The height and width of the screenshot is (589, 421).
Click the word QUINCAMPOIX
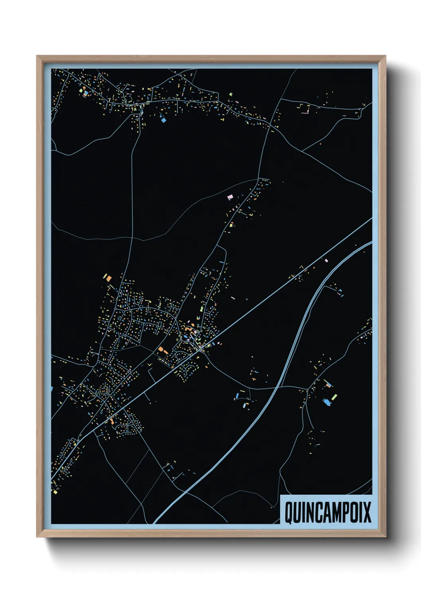(x=327, y=512)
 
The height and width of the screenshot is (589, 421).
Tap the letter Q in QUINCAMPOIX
(x=289, y=513)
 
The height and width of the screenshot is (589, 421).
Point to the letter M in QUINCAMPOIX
(x=331, y=512)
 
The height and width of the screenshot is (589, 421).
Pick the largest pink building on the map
(x=230, y=197)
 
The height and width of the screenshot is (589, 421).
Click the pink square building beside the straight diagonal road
(x=326, y=261)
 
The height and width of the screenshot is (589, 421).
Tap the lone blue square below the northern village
(x=163, y=119)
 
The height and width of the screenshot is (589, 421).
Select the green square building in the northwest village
(x=81, y=91)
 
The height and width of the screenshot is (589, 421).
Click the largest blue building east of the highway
(x=327, y=402)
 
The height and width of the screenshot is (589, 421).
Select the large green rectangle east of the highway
(x=334, y=397)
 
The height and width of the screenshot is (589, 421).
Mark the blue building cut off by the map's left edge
(x=52, y=388)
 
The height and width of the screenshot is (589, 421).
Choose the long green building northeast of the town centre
(x=202, y=308)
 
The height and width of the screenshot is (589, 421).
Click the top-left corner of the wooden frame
(x=37, y=56)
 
